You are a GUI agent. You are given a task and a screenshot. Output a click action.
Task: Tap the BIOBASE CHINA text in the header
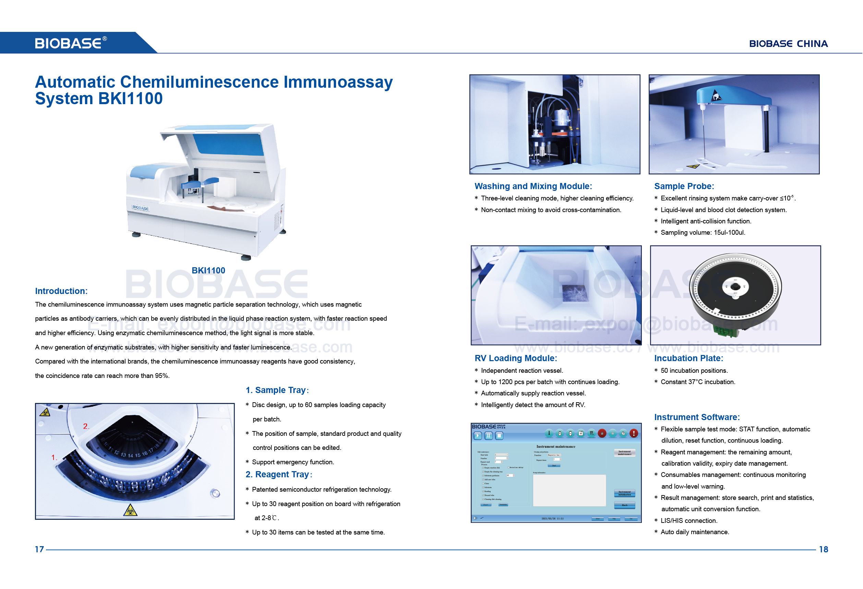pos(788,44)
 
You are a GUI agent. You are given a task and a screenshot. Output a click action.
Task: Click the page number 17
pos(39,549)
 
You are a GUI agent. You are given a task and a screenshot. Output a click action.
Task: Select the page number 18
pos(823,549)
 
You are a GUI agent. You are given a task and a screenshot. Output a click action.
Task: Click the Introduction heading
pos(61,291)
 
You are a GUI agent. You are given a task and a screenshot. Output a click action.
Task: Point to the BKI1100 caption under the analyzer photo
pos(208,271)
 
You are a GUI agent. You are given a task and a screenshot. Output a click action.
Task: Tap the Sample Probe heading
pos(684,186)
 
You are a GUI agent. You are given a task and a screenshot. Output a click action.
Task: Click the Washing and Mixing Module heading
pos(533,186)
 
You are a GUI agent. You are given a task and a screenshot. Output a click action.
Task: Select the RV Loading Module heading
pos(515,358)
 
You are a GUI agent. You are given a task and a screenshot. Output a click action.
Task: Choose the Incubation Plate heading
pos(688,358)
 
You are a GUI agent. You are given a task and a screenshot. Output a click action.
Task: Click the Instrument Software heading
pos(697,417)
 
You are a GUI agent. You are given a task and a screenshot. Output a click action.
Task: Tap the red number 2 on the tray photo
pos(86,426)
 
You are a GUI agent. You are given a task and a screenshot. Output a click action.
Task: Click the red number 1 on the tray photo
pos(54,457)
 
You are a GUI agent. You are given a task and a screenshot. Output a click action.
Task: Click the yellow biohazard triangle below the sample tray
pos(130,511)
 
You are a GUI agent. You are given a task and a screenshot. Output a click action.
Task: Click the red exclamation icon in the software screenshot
pos(634,433)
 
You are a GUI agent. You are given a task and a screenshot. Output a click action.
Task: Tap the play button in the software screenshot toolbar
pos(478,436)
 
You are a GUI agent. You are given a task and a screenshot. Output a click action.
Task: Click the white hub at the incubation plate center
pos(735,287)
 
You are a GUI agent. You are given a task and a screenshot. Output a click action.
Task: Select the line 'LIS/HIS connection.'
pos(688,520)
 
